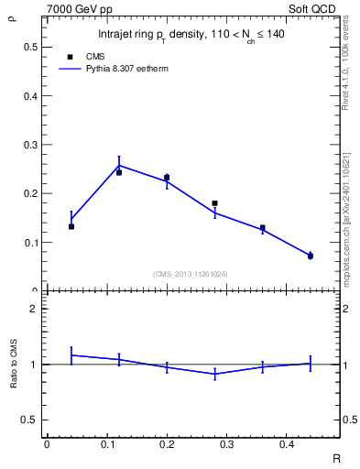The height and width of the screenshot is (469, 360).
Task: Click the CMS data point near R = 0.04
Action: click(71, 226)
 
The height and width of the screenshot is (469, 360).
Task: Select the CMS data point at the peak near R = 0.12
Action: click(119, 172)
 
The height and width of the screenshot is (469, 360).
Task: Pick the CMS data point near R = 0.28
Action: click(214, 203)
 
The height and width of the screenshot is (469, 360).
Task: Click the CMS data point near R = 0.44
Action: click(310, 256)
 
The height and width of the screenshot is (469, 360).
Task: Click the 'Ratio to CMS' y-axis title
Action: click(13, 364)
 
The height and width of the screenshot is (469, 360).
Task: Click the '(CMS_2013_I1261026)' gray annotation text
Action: click(191, 274)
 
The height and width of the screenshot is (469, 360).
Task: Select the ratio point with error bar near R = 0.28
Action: click(214, 374)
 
